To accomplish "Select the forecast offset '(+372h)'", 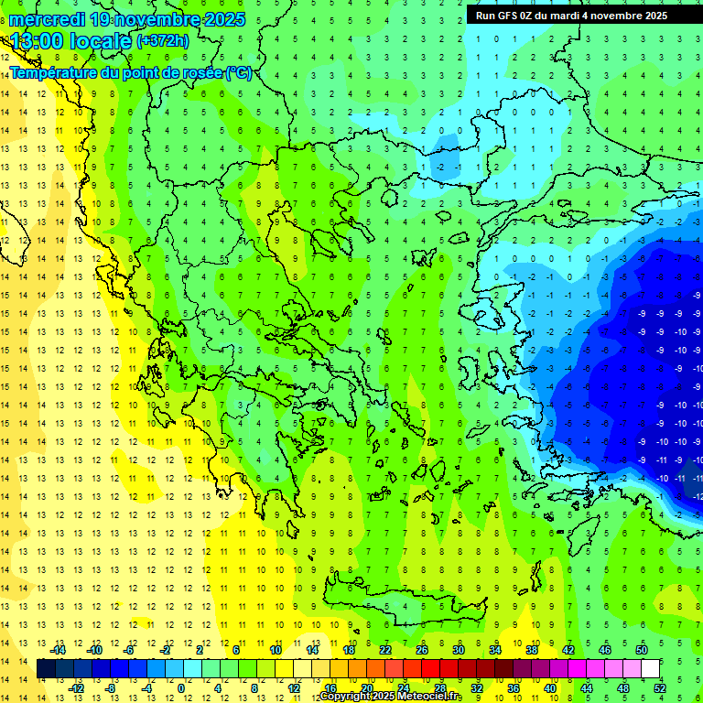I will tap(163, 41).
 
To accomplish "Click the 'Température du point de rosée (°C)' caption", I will tap(130, 72).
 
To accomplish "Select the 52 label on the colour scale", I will tap(660, 687).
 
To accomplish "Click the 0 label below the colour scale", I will tap(181, 687).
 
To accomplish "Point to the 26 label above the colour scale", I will tap(422, 649).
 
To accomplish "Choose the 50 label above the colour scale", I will tap(642, 649).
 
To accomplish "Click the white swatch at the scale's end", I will tap(651, 668).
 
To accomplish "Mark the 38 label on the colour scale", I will tap(532, 649).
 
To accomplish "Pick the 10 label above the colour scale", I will tap(276, 649).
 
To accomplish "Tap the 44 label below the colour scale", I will tap(587, 687).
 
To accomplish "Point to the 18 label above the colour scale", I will tap(349, 649).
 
